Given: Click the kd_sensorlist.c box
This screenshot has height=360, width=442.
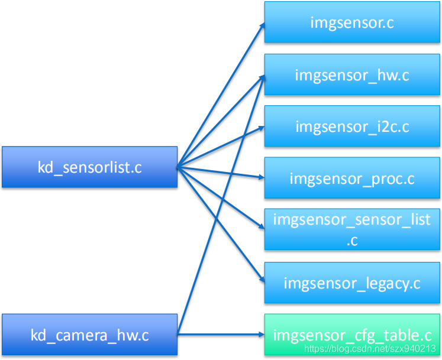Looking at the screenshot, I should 89,167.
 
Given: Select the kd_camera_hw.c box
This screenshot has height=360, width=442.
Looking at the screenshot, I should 89,336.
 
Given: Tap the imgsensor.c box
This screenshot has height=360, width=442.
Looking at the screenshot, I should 352,22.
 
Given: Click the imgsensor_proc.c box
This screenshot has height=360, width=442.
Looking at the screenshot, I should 352,178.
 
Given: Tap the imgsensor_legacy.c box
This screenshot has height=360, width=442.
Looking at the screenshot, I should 352,283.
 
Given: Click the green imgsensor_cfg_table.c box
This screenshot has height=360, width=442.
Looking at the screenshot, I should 352,335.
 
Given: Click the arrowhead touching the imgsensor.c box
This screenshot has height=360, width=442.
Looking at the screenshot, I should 261,26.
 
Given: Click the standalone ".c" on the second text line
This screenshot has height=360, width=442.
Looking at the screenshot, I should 352,241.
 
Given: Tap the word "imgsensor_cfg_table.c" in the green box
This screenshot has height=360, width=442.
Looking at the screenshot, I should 352,335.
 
